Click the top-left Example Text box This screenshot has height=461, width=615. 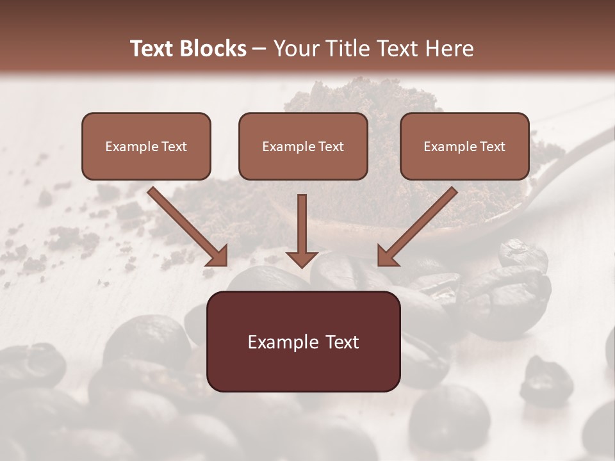click(x=146, y=147)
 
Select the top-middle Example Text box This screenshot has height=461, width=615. click(x=303, y=147)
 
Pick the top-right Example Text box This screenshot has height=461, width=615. click(x=464, y=147)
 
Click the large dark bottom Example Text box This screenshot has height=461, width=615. click(x=303, y=342)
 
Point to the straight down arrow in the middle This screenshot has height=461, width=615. click(x=302, y=227)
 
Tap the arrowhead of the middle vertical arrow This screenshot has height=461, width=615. click(x=302, y=257)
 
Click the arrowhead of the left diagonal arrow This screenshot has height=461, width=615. click(x=217, y=254)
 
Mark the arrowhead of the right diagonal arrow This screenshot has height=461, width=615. click(x=388, y=254)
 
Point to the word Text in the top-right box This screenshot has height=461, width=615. click(x=492, y=147)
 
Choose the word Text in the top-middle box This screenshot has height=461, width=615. click(x=331, y=147)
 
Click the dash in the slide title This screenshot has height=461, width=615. click(x=259, y=49)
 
